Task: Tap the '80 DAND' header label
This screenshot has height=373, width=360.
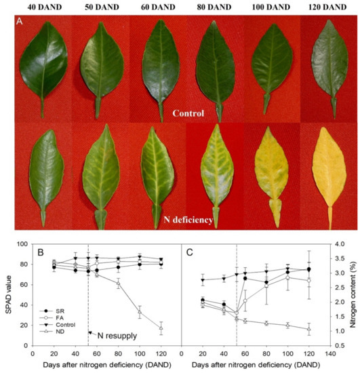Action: [212, 6]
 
